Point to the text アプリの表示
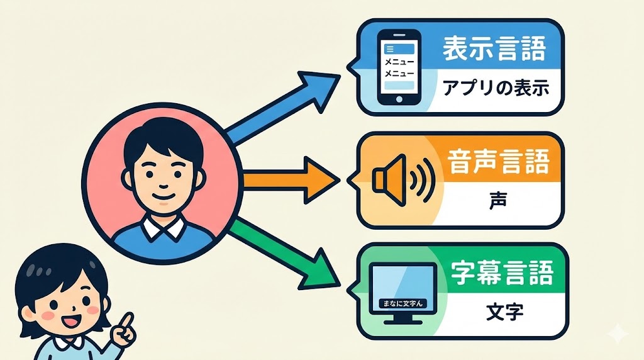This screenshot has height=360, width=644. click(x=496, y=88)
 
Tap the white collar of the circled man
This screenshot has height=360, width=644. click(x=162, y=225)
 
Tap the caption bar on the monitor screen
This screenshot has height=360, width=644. click(x=401, y=303)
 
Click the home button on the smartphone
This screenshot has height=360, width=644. click(x=398, y=98)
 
